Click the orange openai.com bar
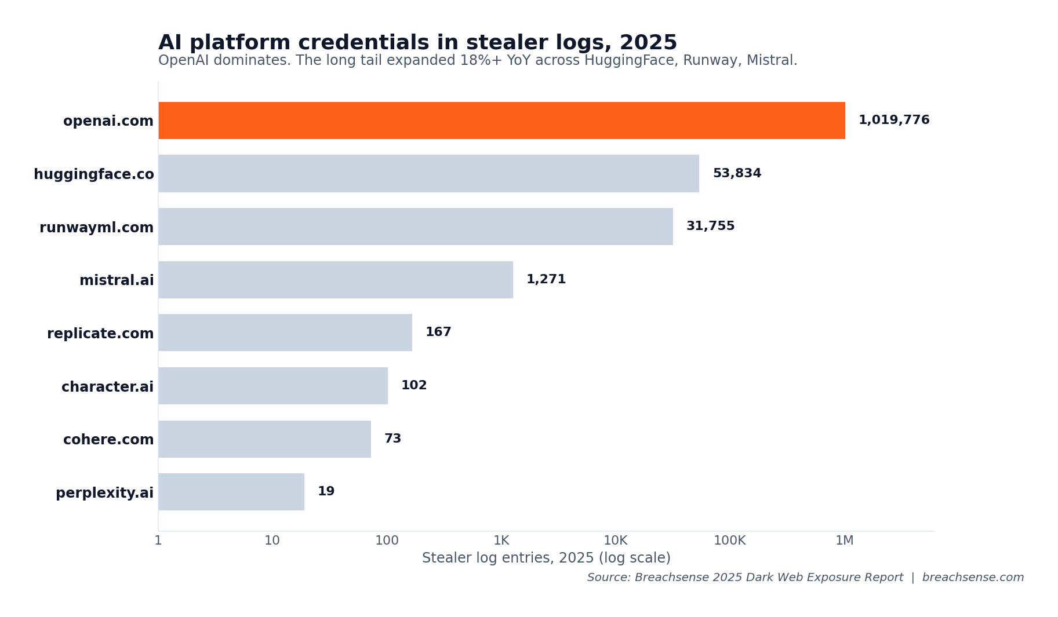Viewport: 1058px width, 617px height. (x=501, y=121)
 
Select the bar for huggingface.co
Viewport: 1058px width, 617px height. (x=428, y=173)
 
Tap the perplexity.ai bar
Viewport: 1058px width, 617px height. (x=231, y=492)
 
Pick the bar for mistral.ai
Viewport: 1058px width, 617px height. (x=336, y=280)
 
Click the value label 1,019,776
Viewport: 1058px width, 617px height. (x=893, y=121)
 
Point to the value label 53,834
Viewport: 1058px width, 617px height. (x=736, y=174)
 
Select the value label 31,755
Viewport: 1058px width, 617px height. (x=710, y=227)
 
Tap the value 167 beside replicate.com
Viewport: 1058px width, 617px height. (x=438, y=333)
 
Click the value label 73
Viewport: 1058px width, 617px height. (x=392, y=439)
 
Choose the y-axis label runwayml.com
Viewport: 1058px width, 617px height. (x=96, y=228)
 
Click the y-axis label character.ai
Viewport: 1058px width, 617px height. (x=107, y=387)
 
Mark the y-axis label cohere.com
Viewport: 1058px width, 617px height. (x=108, y=440)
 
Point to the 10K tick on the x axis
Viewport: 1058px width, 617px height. (x=615, y=541)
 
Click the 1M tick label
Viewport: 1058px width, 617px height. (x=844, y=541)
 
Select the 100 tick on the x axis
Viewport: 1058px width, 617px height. (x=387, y=541)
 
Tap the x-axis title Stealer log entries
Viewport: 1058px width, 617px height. (x=546, y=558)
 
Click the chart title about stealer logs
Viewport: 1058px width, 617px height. (x=417, y=43)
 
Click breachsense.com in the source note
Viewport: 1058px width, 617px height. (x=973, y=578)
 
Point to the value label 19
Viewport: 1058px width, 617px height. (x=326, y=492)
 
